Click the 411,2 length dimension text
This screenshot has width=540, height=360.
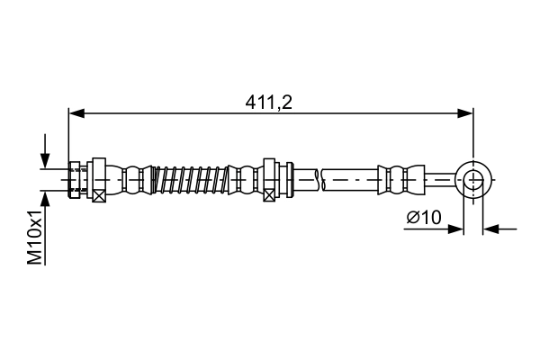[270, 101]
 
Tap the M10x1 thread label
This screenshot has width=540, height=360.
[35, 237]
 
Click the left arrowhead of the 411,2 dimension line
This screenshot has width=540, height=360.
[76, 113]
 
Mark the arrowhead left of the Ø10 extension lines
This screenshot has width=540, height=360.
[456, 229]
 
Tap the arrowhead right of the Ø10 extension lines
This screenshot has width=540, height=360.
[491, 229]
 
